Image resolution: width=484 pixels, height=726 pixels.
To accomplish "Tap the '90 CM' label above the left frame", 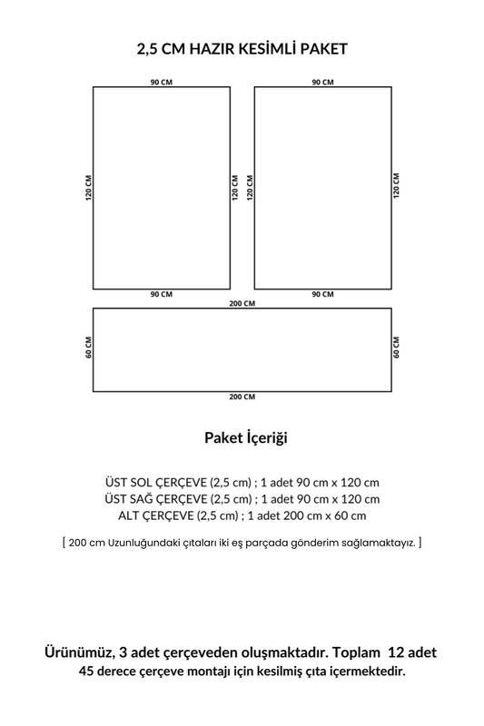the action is pos(161,82).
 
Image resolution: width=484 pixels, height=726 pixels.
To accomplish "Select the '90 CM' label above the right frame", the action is pos(322,82).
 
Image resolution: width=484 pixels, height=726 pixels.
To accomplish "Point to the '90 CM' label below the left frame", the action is pos(161,295).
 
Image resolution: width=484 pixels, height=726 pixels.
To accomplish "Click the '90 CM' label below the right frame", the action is pos(322,295).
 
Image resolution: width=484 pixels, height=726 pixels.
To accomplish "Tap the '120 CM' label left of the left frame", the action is pos(88,188).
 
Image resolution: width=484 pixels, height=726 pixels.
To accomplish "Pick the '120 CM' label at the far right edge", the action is pos(397,188).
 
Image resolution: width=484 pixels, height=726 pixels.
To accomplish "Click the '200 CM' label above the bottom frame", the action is pos(242,303).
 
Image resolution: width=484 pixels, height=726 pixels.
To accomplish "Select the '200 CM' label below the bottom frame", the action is pos(242,397).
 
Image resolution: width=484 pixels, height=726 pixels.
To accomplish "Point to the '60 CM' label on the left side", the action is pos(88,349).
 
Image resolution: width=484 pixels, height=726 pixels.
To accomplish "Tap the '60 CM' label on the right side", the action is pos(397,349).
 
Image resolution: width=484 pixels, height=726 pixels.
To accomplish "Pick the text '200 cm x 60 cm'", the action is pos(325,515).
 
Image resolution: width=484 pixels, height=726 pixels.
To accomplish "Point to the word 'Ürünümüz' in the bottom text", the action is pos(79,653).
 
